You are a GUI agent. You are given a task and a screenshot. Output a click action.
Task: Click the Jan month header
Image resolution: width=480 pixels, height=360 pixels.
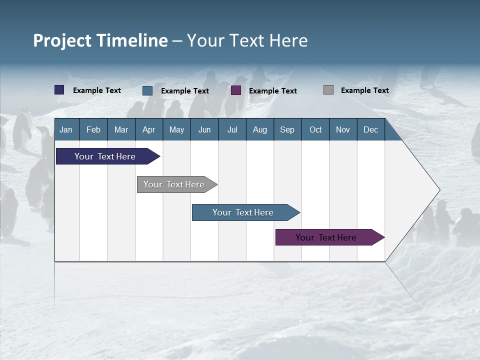66,129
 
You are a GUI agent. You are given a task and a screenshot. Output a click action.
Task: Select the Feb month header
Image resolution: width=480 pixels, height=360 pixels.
93,129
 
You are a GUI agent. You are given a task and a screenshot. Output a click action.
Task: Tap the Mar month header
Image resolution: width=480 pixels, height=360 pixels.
121,129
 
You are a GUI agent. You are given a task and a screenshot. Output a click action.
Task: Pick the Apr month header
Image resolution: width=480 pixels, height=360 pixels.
149,129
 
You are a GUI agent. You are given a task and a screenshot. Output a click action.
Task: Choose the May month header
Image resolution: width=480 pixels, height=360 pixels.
176,129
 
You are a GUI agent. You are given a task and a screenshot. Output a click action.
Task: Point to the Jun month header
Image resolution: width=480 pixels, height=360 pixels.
204,129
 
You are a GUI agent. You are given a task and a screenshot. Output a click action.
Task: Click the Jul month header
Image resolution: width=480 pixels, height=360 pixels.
232,129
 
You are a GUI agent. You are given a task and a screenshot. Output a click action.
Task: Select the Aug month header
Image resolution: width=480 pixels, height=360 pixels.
260,129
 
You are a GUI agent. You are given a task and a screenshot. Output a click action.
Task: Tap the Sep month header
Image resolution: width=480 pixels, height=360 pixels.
287,129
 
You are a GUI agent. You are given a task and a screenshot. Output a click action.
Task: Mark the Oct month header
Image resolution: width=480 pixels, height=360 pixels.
315,129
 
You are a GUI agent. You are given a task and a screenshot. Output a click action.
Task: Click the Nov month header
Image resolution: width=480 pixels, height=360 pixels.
343,129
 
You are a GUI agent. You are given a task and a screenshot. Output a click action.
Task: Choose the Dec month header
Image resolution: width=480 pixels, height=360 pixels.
371,129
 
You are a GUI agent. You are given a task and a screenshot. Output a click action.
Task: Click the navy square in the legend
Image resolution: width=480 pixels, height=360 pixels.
59,90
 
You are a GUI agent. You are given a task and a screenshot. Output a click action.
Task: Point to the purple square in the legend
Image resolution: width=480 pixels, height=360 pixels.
236,90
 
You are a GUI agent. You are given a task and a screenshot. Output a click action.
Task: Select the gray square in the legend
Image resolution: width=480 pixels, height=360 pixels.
328,90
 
